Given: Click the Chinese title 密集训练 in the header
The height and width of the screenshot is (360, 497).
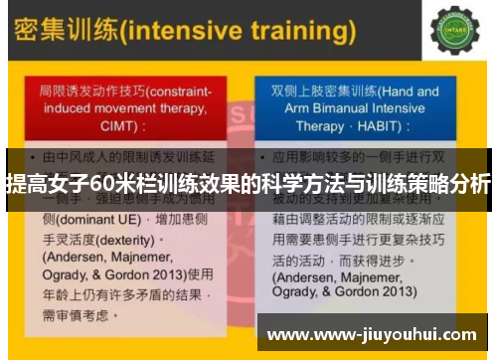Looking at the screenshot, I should pos(62,31).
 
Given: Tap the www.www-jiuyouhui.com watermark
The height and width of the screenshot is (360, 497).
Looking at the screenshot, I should pos(378,333).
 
